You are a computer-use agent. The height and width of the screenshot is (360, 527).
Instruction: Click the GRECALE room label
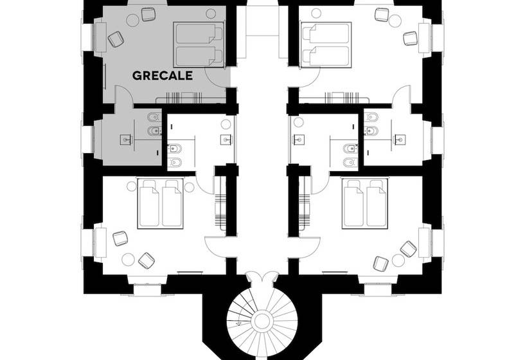pos(163,75)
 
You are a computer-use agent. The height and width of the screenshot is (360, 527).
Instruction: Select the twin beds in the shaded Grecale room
pos(199,45)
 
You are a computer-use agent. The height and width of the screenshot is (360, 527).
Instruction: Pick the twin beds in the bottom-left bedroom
pos(160,204)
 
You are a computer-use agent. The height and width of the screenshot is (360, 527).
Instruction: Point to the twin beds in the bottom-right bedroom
pos(365,204)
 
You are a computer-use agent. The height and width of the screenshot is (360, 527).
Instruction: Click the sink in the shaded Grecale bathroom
pos(126,139)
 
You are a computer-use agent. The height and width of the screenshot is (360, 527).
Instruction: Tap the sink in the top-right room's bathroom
pos(400,139)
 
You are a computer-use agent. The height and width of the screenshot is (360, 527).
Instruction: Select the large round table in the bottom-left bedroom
pos(128,259)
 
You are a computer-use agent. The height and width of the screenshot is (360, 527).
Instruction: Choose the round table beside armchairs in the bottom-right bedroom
pos(398,260)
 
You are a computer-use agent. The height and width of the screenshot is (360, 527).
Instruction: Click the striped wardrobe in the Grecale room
pos(184,97)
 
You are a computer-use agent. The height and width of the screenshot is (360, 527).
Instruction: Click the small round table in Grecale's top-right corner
pos(211,14)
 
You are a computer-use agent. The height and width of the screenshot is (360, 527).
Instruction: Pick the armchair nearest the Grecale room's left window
pos(116,39)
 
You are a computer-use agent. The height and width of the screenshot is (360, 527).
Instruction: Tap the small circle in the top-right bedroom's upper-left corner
pos(316,13)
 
